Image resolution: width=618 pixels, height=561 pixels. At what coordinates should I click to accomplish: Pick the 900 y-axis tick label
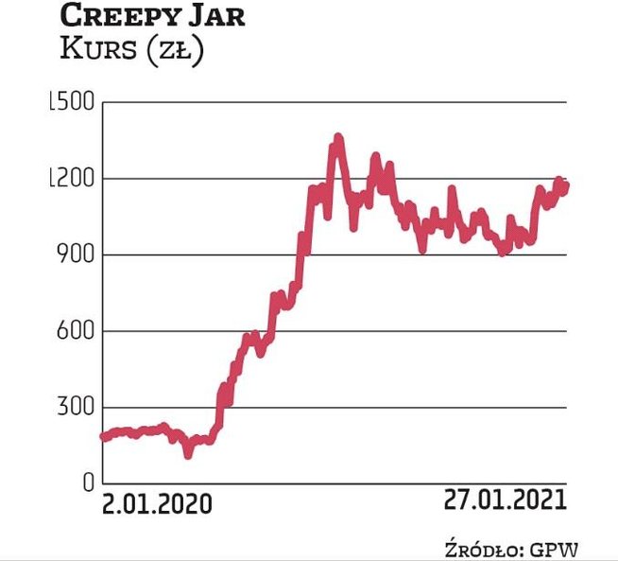coord(75,255)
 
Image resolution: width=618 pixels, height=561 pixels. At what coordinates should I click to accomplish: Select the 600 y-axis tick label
coord(75,331)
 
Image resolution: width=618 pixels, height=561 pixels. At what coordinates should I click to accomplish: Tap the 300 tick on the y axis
coord(75,408)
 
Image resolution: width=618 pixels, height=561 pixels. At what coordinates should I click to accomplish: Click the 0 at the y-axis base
coord(86,483)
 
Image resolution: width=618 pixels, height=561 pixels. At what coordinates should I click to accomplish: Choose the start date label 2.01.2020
coord(157,503)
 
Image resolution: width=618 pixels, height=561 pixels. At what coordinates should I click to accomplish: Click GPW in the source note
coord(556,547)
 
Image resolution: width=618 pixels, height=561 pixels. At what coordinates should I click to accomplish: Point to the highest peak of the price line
coord(337,139)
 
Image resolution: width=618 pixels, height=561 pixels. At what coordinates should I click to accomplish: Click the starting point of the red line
coord(102,437)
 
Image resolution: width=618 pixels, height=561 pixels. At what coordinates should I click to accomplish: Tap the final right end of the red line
coord(566,185)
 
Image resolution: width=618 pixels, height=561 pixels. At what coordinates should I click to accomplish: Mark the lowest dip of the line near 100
coord(188,454)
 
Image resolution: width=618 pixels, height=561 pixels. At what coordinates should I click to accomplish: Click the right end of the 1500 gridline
coord(566,102)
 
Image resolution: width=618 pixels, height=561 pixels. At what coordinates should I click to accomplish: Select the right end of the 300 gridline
coord(566,408)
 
